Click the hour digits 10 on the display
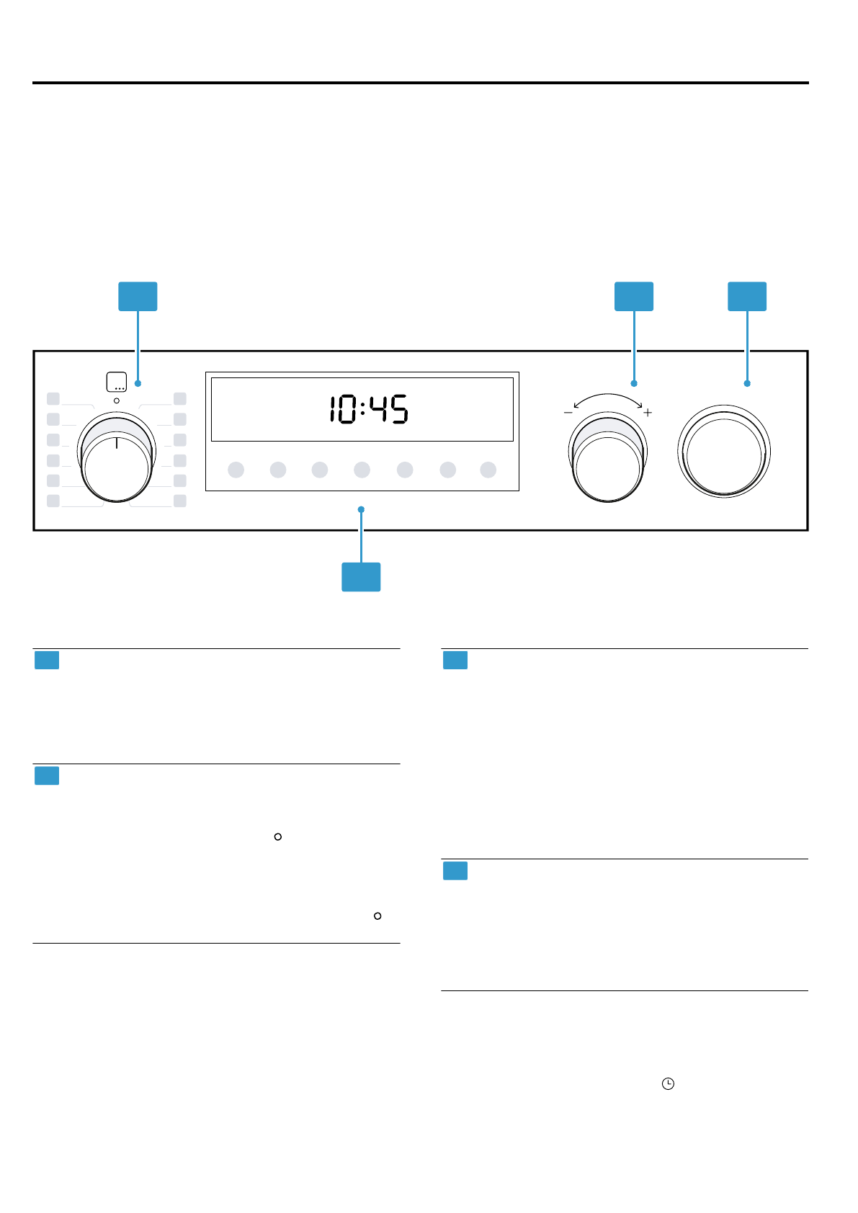pyautogui.click(x=342, y=410)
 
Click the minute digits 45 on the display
pyautogui.click(x=389, y=410)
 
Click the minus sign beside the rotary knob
pyautogui.click(x=568, y=413)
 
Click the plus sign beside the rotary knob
pyautogui.click(x=648, y=413)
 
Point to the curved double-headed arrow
pyautogui.click(x=608, y=398)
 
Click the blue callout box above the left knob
pyautogui.click(x=138, y=297)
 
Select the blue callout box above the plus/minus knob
pyautogui.click(x=634, y=297)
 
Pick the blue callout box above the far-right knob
pyautogui.click(x=747, y=297)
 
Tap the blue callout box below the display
pyautogui.click(x=361, y=577)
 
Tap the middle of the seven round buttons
pyautogui.click(x=362, y=470)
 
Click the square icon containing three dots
pyautogui.click(x=116, y=382)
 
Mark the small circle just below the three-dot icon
pyautogui.click(x=117, y=400)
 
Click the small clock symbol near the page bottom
pyautogui.click(x=668, y=1083)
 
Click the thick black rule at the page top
pyautogui.click(x=421, y=83)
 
